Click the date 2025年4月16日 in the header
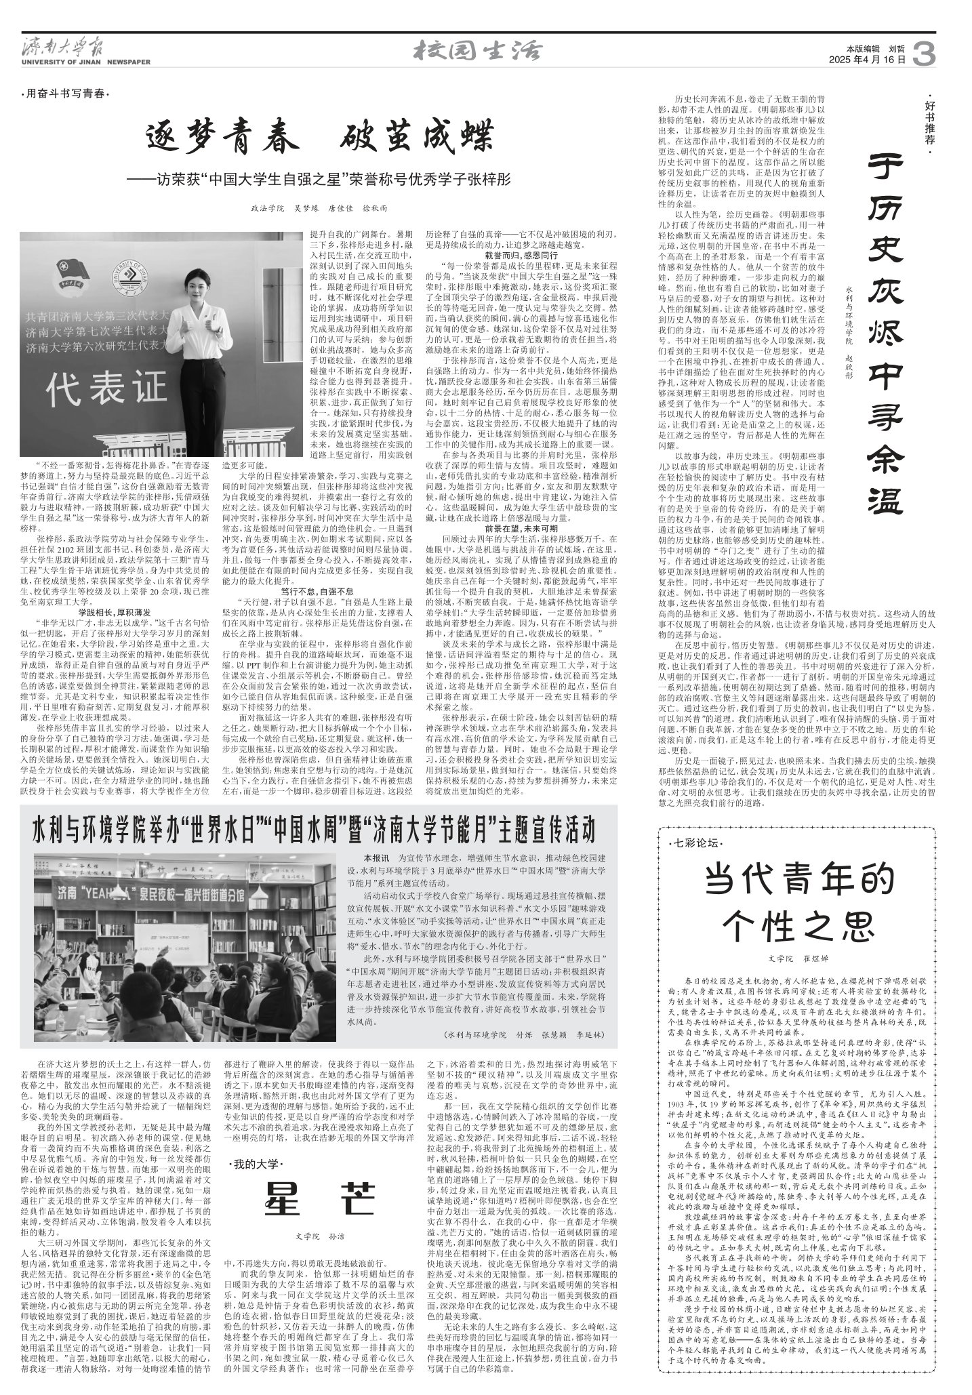click(x=867, y=60)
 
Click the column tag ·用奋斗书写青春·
click(x=65, y=94)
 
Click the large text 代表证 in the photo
click(x=106, y=388)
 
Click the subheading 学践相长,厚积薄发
click(x=113, y=593)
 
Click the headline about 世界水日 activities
click(x=314, y=828)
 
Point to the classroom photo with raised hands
click(x=185, y=946)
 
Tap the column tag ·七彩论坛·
click(x=695, y=843)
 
